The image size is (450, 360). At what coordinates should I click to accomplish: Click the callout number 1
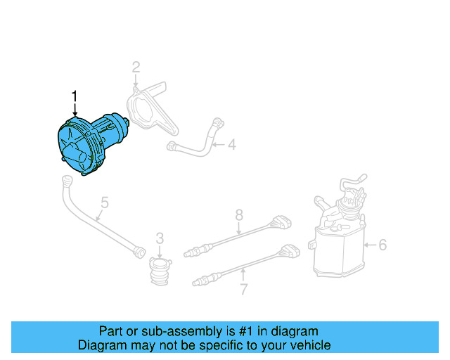pyautogui.click(x=75, y=96)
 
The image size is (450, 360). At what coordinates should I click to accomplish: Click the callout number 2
pyautogui.click(x=136, y=67)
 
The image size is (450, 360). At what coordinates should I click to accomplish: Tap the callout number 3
pyautogui.click(x=160, y=238)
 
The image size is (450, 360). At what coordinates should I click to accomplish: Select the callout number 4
pyautogui.click(x=231, y=146)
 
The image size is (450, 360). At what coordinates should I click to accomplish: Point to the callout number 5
pyautogui.click(x=104, y=203)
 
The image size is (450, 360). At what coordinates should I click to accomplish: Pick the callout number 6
pyautogui.click(x=382, y=245)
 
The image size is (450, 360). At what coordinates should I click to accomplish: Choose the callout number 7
pyautogui.click(x=244, y=289)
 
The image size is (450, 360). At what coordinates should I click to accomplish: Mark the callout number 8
pyautogui.click(x=239, y=214)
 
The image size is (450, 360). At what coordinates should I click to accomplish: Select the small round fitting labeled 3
pyautogui.click(x=160, y=270)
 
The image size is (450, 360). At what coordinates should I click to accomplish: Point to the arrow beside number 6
pyautogui.click(x=370, y=245)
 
